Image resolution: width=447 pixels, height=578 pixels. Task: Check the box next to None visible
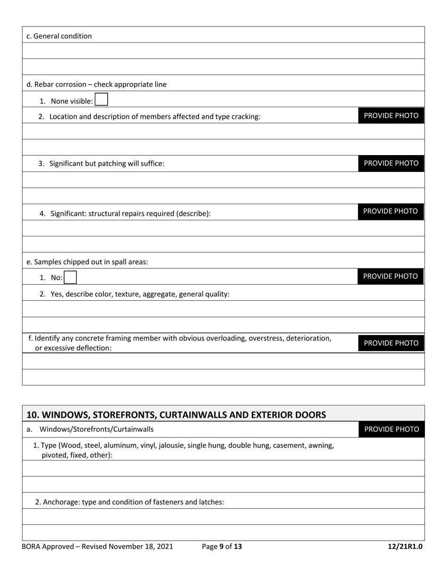click(101, 100)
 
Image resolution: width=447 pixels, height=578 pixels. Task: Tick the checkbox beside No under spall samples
click(70, 277)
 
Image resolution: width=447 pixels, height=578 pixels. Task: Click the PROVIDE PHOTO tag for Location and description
click(391, 116)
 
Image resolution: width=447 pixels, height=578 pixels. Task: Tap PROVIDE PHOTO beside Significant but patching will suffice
click(391, 163)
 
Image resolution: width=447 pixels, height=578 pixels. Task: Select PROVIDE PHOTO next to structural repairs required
click(391, 211)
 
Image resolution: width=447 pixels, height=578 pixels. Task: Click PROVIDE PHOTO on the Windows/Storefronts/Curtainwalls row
click(391, 429)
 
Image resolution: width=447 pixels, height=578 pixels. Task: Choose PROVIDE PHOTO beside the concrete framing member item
click(391, 343)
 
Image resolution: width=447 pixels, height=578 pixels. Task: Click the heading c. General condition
click(59, 36)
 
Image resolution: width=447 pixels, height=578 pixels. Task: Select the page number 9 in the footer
click(222, 547)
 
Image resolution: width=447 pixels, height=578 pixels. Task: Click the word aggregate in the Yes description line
click(162, 294)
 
